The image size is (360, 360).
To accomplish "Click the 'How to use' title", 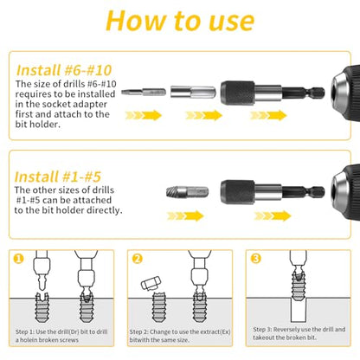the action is pos(180,21).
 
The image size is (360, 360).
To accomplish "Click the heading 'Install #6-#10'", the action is pos(64,70).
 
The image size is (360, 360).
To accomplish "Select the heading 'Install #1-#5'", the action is pos(58,177).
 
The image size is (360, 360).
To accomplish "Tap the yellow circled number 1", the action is pos(19,258).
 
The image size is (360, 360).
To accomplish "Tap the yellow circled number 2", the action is pos(138,258).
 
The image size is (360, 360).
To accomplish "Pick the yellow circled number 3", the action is pos(256,258).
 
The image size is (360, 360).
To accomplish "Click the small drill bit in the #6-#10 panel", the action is pos(144,93).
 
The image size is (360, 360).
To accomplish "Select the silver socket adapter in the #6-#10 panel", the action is pos(193,93).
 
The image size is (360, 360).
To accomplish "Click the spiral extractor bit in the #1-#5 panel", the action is pos(187,192).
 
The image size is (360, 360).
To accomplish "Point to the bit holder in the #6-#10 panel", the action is pos(273,93).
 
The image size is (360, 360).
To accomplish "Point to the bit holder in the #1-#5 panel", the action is pos(273,192).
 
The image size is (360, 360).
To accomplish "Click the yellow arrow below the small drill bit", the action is pos(144,115).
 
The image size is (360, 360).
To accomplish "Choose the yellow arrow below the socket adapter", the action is pos(204,115).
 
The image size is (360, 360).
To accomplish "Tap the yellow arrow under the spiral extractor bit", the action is pos(185,215).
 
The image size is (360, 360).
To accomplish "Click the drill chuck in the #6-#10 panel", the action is pos(345,93).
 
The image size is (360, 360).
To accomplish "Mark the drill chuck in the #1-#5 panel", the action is pos(345,192).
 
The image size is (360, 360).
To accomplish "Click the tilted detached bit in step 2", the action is pos(151,283).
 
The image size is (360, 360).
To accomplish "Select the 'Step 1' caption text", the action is pos(61,336).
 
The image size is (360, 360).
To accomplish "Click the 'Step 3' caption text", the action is pos(299,333).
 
